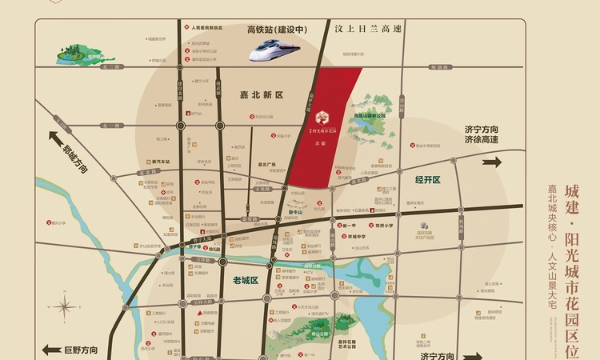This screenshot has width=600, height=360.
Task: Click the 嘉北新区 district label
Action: coord(262,94)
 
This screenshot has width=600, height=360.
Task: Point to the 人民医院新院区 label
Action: coord(206,26)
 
